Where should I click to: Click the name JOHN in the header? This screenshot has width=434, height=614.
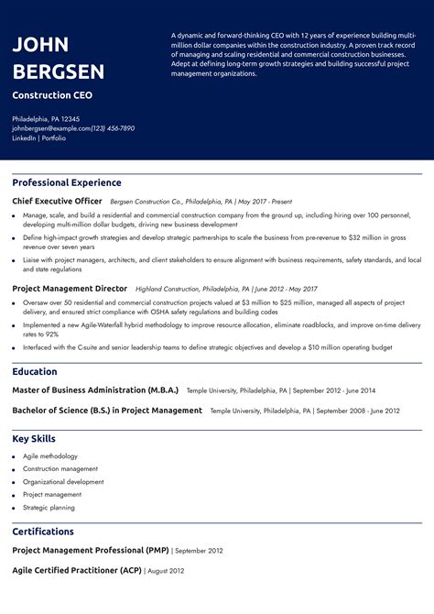[x=40, y=45]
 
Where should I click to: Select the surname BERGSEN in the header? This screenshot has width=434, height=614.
[x=58, y=71]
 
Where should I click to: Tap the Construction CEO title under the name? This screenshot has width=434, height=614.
[x=52, y=95]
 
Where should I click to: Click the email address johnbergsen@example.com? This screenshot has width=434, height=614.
[x=51, y=128]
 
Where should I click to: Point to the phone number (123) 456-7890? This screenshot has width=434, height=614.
[x=113, y=128]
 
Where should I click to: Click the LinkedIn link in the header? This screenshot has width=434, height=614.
[x=24, y=137]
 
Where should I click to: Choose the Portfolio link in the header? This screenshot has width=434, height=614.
[x=53, y=137]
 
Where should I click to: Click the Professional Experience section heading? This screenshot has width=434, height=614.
[x=67, y=182]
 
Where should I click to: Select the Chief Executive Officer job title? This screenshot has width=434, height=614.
[x=57, y=201]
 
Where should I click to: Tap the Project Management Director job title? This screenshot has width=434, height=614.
[x=70, y=288]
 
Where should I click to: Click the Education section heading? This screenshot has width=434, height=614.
[x=35, y=372]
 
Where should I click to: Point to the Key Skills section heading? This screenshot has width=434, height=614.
[x=34, y=439]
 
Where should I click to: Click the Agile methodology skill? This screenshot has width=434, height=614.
[x=50, y=456]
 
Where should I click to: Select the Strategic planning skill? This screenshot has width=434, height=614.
[x=49, y=508]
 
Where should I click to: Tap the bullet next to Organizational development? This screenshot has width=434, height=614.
[x=14, y=482]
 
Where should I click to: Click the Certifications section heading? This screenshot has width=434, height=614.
[x=43, y=532]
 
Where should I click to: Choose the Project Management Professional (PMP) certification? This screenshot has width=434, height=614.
[x=91, y=550]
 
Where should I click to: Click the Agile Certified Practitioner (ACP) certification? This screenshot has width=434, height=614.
[x=77, y=570]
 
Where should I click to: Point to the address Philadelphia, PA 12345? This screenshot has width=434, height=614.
[x=46, y=119]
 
